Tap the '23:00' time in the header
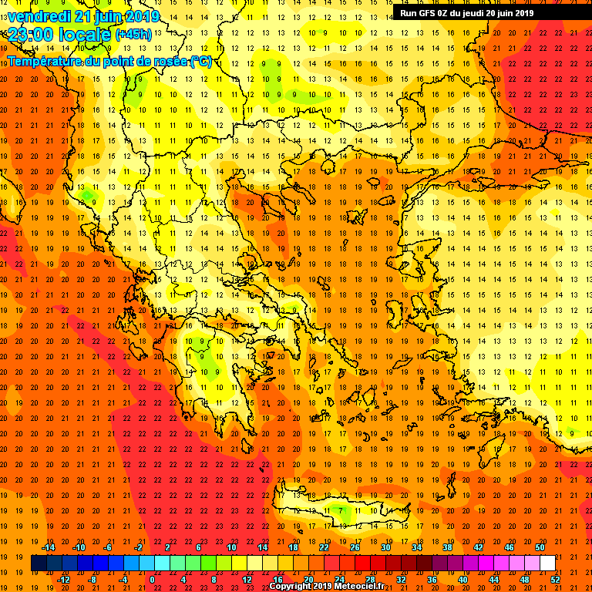(29, 34)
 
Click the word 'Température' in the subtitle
(43, 61)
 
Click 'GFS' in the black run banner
(429, 12)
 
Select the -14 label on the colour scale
(48, 547)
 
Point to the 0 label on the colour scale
(152, 579)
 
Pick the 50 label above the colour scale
(540, 547)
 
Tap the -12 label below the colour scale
(64, 579)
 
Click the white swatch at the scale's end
(547, 563)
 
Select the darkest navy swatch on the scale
(39, 563)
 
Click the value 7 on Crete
(341, 510)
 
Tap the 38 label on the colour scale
(447, 547)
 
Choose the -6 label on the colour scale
(108, 547)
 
